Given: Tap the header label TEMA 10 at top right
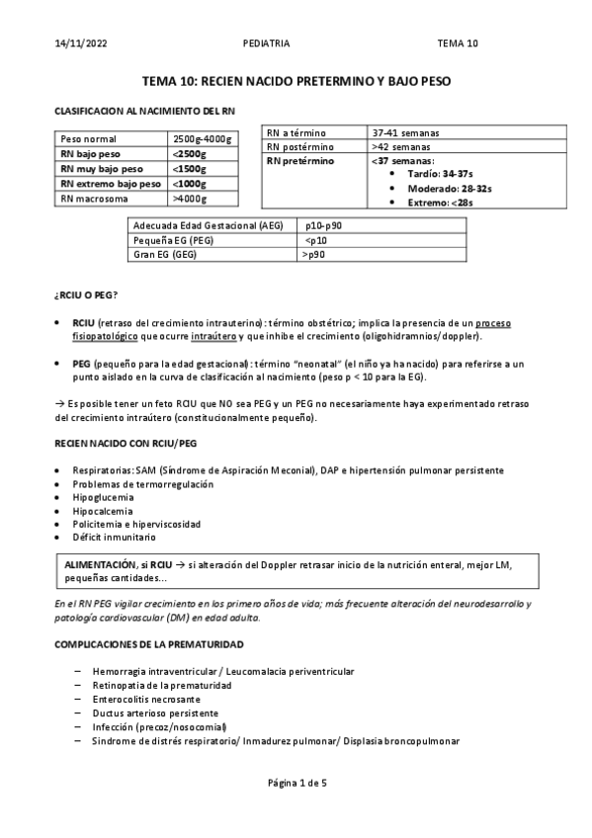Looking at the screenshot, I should point(458,43).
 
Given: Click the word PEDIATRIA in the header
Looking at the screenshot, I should point(266,43).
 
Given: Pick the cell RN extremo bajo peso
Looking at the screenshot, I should point(110,184).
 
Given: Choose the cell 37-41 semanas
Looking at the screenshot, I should point(405,132).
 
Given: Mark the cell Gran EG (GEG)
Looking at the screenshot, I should point(165,254).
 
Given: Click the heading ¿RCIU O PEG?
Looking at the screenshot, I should point(85,295).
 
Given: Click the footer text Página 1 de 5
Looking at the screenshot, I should point(296,783).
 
